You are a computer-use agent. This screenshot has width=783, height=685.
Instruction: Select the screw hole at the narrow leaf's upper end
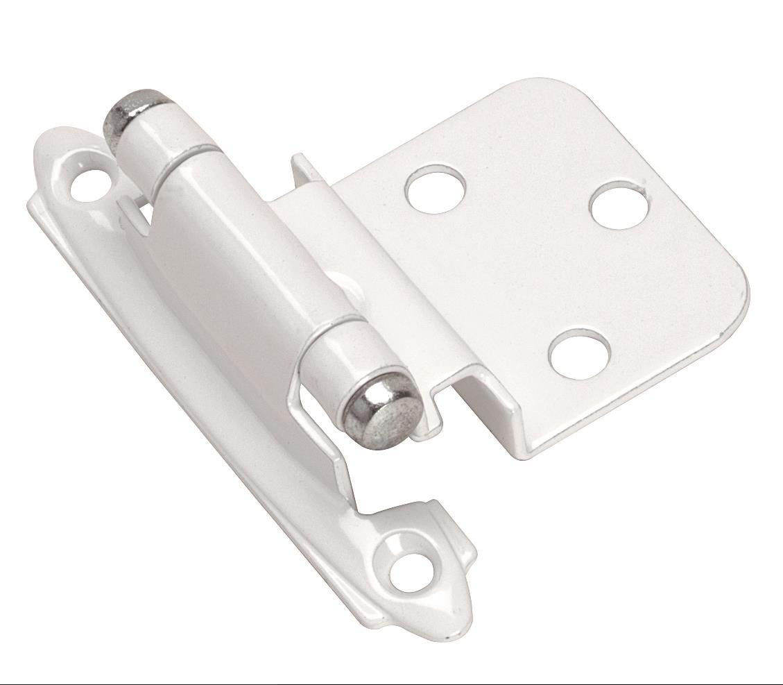91,183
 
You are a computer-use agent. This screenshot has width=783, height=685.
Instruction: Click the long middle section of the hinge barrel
250,243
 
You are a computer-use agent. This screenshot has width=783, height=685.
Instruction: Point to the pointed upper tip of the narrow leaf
52,135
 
